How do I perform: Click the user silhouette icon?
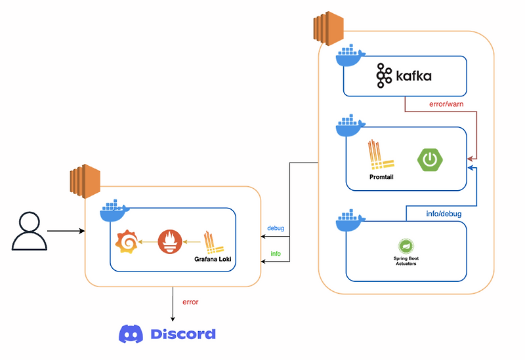click(x=29, y=231)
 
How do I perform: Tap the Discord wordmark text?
click(x=183, y=334)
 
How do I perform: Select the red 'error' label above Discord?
click(x=190, y=302)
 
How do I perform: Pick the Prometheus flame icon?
click(x=169, y=243)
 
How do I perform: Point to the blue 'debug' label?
click(x=276, y=228)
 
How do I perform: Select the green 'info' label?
click(x=276, y=253)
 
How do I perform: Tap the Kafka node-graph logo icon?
click(x=384, y=76)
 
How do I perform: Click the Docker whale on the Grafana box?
click(x=115, y=212)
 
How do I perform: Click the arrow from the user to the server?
click(x=66, y=231)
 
